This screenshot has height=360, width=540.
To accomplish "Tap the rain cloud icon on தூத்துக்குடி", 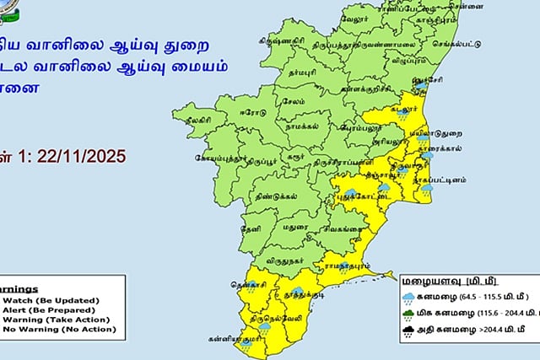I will (298, 291).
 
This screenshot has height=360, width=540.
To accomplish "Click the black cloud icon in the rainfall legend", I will (408, 332).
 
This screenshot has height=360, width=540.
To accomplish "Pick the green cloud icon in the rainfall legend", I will (408, 314).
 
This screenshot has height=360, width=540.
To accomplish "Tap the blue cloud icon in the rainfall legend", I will (408, 297).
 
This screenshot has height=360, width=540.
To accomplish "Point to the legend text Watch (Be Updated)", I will (51, 300).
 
